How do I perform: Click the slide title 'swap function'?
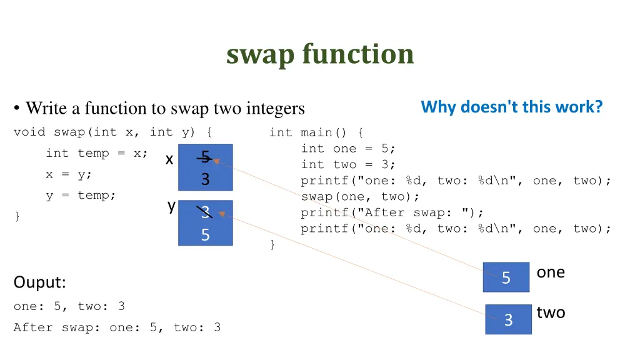tap(320, 54)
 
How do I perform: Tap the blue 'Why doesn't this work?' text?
tap(511, 107)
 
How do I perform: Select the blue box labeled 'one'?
tap(506, 277)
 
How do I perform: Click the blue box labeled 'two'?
tap(508, 319)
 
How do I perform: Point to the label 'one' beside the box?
tap(551, 272)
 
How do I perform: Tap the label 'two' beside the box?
tap(551, 312)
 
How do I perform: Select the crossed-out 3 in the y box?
tap(205, 212)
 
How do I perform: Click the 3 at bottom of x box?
tap(205, 179)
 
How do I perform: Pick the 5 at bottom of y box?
tap(205, 235)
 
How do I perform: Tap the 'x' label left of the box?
tap(169, 160)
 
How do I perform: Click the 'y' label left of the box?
tap(171, 206)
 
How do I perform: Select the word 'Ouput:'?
tap(39, 282)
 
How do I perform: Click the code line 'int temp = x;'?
tap(96, 153)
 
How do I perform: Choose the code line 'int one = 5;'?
tap(348, 148)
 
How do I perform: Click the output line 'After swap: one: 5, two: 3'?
tap(117, 327)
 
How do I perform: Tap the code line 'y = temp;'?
tap(81, 195)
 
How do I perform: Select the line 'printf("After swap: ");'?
tap(392, 212)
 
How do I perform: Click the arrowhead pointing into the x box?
tap(216, 161)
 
